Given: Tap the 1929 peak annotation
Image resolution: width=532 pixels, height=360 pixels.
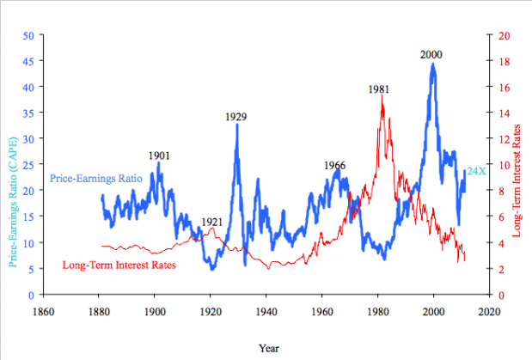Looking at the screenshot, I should click(237, 116).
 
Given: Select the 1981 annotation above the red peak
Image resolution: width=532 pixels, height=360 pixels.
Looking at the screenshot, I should click(380, 88).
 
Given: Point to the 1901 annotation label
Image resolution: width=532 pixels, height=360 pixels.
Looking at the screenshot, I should click(159, 156).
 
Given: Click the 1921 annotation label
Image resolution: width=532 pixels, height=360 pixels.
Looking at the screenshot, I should click(212, 222).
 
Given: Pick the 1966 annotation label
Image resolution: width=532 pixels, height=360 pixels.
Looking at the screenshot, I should click(335, 165).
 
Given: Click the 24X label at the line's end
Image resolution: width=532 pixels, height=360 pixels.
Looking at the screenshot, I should click(476, 172).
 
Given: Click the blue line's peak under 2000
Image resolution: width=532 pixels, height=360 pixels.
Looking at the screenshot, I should click(433, 64).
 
